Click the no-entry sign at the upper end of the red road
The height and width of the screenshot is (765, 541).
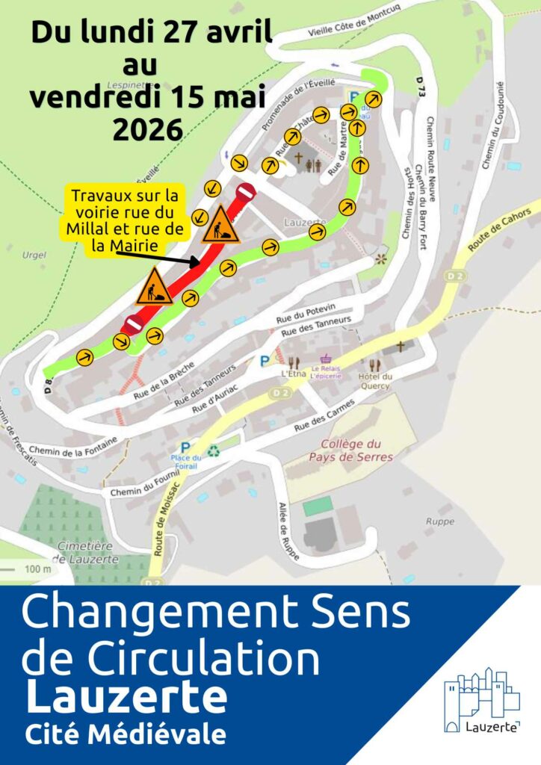245,193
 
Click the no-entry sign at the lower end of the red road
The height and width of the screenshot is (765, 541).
132,325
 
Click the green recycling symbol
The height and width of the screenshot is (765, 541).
214,450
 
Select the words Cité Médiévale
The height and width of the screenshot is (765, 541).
125,735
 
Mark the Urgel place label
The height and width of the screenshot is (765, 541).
34,255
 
